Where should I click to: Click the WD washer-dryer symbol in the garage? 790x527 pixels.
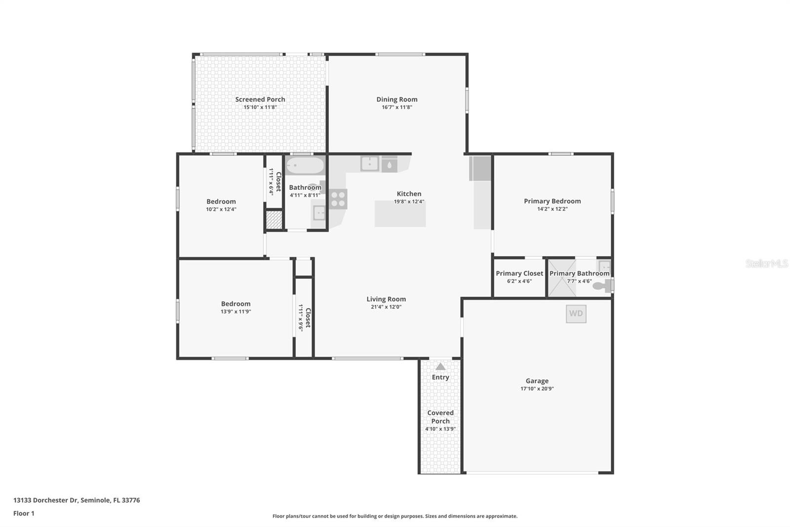pos(576,313)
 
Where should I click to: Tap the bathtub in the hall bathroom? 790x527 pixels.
pos(305,165)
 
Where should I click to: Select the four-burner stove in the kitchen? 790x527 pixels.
pos(338,199)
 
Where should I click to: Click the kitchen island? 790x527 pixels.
pos(400,214)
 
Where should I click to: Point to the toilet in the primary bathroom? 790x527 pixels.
pos(601,286)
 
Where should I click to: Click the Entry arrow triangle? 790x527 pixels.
pos(440,366)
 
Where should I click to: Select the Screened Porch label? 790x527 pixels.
pos(260,99)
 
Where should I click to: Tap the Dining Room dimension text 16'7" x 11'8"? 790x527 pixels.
pos(396,107)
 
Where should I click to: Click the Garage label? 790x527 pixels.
pos(537,381)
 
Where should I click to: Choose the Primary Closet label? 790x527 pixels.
pos(519,273)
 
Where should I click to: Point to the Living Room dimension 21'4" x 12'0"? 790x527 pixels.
pos(386,307)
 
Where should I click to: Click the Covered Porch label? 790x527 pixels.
pos(440,417)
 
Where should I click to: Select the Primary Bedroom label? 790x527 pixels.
pos(552,201)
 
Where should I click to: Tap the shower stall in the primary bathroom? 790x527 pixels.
pos(562,278)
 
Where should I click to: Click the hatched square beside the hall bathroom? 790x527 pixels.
pos(274,220)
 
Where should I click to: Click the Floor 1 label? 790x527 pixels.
pos(24,514)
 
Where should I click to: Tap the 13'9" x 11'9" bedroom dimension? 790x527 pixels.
pos(236,312)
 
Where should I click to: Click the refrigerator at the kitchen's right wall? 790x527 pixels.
pos(480,169)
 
